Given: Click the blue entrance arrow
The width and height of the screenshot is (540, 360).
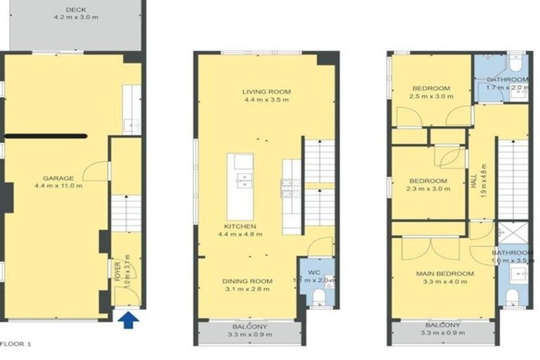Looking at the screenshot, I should [x=127, y=321].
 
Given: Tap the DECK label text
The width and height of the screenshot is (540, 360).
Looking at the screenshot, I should [x=75, y=10].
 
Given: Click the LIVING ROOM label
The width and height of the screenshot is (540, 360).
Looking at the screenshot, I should [x=266, y=91].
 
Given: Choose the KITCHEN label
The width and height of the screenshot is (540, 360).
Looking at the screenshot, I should [x=240, y=226].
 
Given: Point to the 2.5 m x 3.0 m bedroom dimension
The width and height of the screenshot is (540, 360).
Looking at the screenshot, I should [x=430, y=98].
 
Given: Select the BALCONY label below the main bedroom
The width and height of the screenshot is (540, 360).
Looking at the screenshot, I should [x=442, y=326].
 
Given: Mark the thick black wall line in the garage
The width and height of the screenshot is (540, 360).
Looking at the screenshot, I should [x=46, y=136].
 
